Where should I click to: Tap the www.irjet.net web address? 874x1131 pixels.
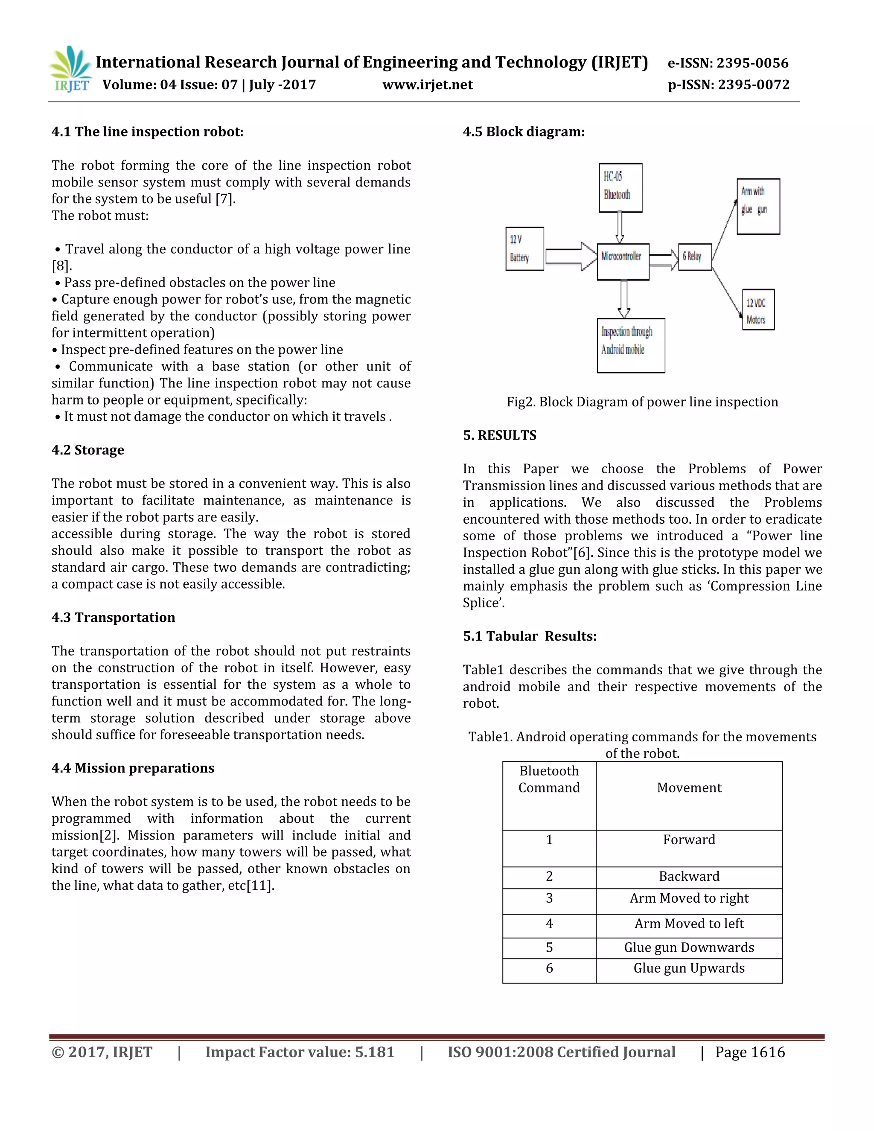point(427,85)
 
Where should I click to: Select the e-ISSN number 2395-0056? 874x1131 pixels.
point(728,63)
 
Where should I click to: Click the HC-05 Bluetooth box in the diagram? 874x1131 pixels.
point(620,187)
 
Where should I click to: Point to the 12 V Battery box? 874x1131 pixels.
point(524,248)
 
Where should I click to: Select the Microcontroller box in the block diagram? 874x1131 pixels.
point(623,262)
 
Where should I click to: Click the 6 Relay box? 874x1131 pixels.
point(694,257)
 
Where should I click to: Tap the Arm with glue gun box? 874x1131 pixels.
point(758,206)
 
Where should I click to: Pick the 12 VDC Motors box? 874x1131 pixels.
point(757,310)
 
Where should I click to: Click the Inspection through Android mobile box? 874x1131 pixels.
point(631,345)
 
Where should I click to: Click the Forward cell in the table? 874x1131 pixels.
point(689,840)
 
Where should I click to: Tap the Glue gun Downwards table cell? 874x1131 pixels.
point(689,947)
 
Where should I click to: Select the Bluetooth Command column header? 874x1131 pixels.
point(549,779)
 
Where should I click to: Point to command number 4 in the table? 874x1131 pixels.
point(549,924)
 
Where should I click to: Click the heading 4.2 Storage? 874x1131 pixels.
point(87,450)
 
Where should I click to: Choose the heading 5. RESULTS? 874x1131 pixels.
point(499,435)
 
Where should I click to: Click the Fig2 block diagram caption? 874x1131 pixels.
point(642,402)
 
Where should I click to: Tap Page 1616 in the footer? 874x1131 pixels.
point(750,1052)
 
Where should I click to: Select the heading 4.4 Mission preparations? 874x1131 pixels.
point(133,768)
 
